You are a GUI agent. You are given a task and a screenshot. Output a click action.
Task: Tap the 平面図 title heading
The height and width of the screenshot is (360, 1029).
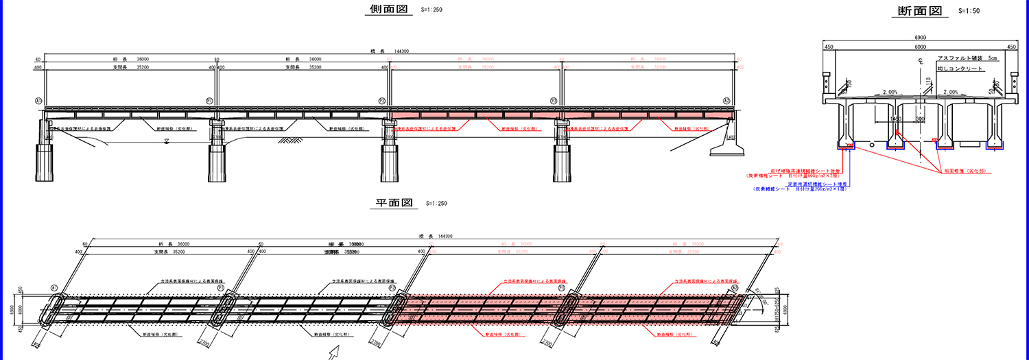393,203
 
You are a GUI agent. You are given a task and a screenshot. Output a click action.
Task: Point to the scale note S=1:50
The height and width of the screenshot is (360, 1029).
969,11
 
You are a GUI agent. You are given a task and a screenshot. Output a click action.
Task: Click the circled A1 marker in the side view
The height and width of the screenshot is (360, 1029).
38,100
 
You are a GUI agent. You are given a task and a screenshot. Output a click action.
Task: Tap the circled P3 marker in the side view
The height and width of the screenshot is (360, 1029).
554,100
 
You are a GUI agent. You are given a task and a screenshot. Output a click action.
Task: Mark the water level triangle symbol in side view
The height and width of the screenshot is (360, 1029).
167,141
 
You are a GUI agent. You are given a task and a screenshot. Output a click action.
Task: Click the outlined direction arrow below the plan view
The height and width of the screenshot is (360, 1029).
335,352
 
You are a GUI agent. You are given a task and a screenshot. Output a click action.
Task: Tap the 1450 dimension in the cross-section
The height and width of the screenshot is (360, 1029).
895,118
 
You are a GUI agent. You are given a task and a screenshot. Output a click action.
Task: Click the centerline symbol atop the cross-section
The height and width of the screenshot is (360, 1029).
920,62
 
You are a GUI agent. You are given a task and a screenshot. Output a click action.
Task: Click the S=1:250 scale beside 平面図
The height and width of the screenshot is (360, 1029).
437,204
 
